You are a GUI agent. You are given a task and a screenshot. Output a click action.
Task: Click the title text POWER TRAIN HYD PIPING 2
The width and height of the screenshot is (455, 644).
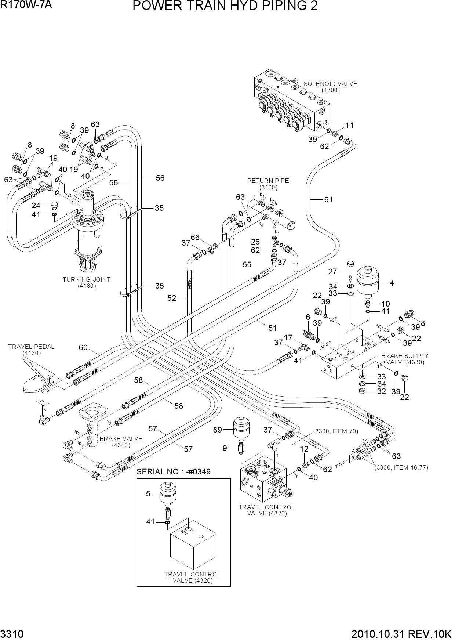coord(225,6)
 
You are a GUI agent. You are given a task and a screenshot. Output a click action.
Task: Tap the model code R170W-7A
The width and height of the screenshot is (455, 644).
coord(26,5)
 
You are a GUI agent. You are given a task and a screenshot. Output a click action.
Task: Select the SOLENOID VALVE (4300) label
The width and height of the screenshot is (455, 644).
coord(330,87)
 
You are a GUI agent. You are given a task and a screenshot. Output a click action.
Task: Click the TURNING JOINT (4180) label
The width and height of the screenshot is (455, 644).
coord(86,282)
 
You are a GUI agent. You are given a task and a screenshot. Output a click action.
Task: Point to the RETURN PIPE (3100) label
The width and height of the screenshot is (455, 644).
coord(268,184)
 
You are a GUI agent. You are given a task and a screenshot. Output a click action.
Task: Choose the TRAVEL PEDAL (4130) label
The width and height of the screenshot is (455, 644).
coord(31,350)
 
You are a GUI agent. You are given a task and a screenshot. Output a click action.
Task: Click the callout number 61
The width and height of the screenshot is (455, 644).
coord(328,199)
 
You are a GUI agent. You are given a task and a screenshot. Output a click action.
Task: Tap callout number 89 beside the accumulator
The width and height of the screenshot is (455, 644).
coord(218,430)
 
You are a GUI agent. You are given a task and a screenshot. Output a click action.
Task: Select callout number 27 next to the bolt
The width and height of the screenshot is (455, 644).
coord(332,272)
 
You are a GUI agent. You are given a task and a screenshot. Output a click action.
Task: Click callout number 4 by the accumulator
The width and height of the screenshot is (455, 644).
coord(392,283)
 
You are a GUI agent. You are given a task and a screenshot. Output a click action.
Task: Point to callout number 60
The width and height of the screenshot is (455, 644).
coord(83,347)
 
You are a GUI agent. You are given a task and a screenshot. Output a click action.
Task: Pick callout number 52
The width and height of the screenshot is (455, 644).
coord(172,298)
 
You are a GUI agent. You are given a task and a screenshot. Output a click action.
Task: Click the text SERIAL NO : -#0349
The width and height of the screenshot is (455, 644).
coord(174,472)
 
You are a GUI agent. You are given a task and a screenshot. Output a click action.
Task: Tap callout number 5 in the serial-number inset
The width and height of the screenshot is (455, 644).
coord(148,494)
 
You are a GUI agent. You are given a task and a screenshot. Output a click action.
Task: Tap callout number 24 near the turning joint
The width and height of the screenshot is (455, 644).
coord(36,205)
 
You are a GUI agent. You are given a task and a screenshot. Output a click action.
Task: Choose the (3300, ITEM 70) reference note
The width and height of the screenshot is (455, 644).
coord(335,431)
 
